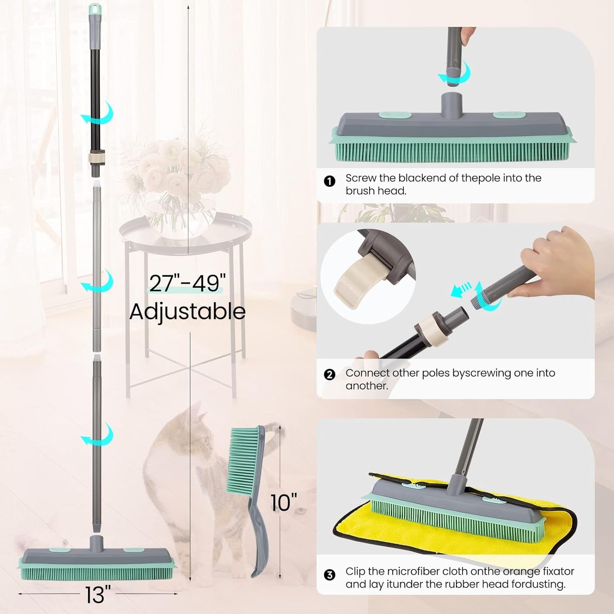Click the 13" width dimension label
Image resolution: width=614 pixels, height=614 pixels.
[x=98, y=594]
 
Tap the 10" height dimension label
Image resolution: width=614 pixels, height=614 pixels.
[x=284, y=503]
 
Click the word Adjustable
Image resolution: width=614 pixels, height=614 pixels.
[x=187, y=311]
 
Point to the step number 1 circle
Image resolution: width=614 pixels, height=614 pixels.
[x=329, y=181]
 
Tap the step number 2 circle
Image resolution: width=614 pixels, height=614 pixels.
[x=329, y=374]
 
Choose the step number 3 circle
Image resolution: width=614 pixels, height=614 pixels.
[x=329, y=575]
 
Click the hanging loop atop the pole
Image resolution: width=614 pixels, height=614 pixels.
[x=94, y=8]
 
